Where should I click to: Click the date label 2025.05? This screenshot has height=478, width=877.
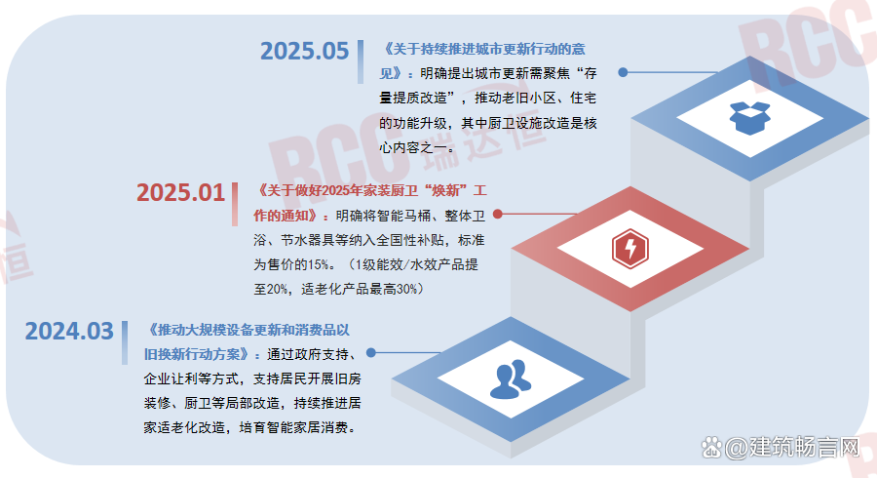point(304,51)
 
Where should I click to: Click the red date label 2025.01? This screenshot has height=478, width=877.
point(180,192)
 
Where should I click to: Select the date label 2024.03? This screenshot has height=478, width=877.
point(69,331)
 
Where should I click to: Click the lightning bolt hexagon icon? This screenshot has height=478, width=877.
point(629,250)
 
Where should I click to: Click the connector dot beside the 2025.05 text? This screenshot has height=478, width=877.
point(624,72)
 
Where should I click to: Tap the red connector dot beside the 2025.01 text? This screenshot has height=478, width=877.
point(498,214)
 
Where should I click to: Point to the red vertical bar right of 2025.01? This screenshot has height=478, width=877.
point(236,202)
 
